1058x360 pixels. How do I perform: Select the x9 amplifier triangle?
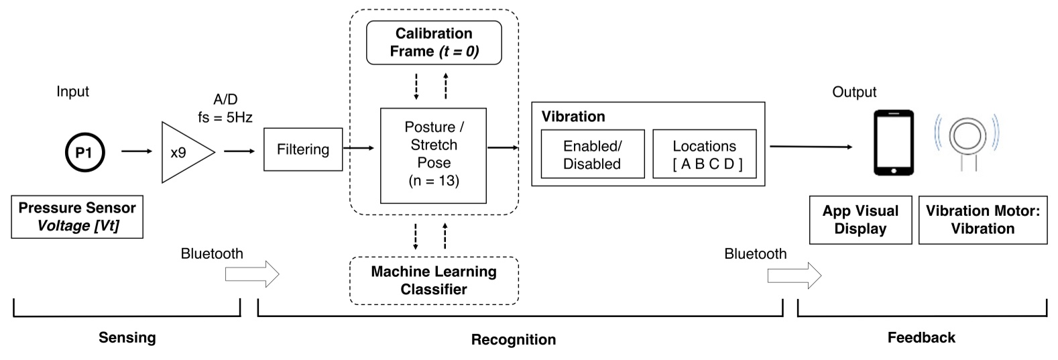coord(182,153)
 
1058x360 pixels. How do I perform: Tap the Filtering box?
coord(303,149)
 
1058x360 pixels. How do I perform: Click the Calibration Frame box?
coord(434,42)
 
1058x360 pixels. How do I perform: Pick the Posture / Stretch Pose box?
coord(433,154)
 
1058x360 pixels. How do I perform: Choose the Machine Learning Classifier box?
coord(434,280)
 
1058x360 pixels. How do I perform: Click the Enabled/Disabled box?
coord(592,154)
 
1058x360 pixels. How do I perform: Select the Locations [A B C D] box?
coord(704,154)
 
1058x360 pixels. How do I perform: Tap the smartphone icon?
coord(894,143)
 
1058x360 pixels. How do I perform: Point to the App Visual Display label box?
coord(860,220)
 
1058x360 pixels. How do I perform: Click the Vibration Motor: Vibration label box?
coord(982,220)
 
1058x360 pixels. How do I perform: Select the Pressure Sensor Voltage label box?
coord(77,217)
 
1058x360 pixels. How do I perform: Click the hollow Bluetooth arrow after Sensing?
coord(251,274)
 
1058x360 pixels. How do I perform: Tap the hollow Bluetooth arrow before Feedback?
coord(794,274)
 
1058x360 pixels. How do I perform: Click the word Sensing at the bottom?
coord(127,337)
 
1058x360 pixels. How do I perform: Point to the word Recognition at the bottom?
coord(513,339)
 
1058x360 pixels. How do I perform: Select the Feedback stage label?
coord(921,337)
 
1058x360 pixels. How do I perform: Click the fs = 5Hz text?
coord(225,117)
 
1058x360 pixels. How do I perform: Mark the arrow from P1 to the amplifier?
coord(137,152)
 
